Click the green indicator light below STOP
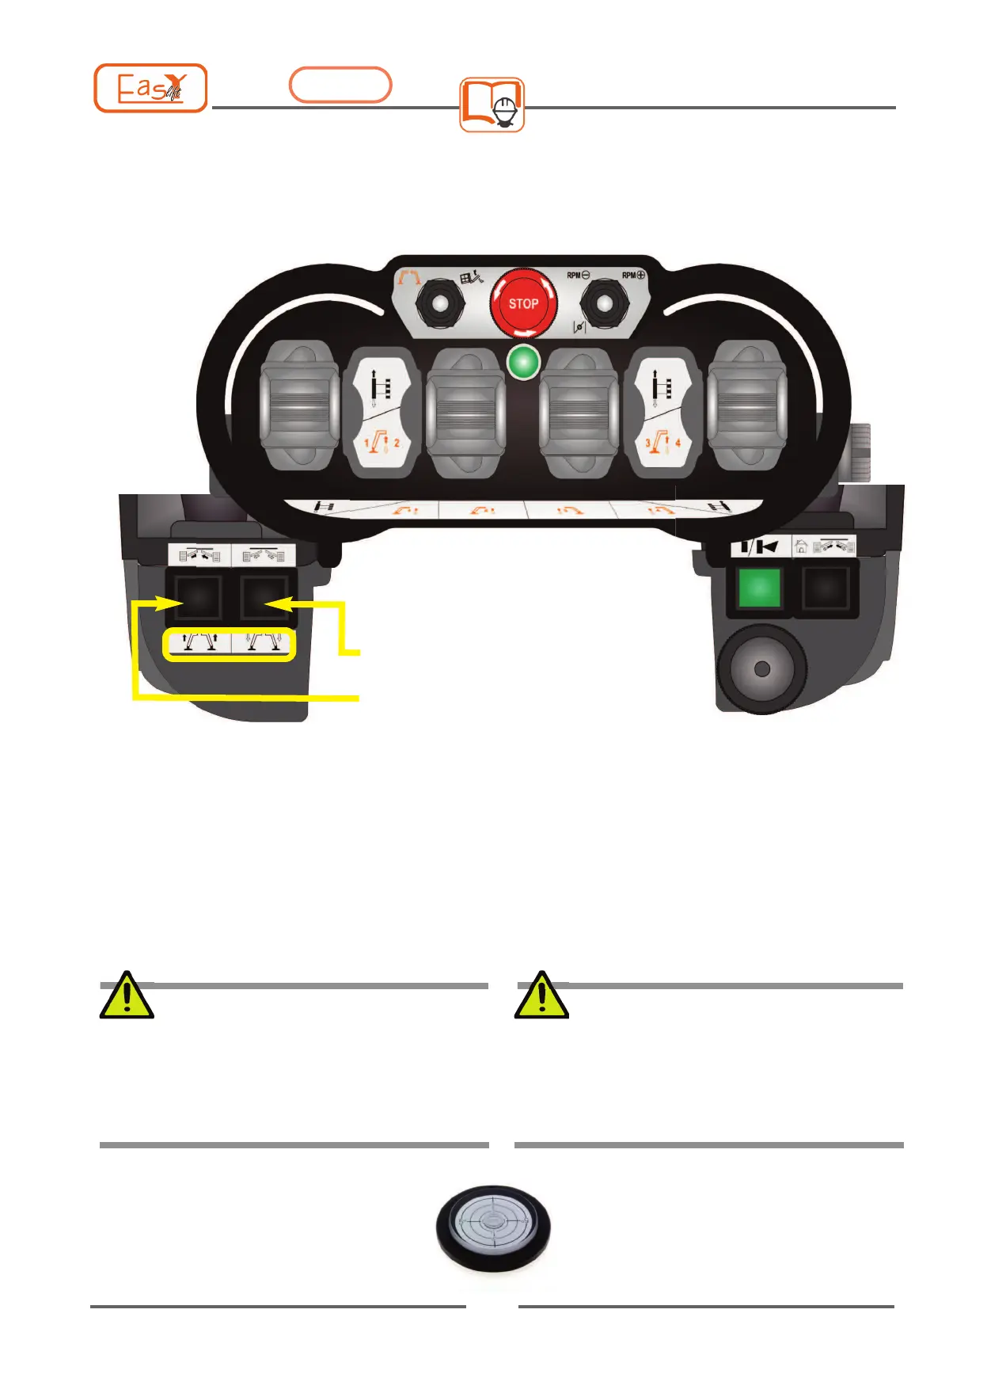[523, 363]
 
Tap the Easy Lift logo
[150, 88]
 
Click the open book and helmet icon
[492, 105]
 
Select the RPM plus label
[633, 276]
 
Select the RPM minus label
[578, 276]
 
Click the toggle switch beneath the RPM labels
[605, 303]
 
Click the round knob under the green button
[761, 668]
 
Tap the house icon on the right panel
[801, 546]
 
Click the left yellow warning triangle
[127, 995]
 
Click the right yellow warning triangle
[541, 995]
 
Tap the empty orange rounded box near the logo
[340, 85]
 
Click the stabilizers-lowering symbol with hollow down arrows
[264, 643]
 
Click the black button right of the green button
[826, 589]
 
